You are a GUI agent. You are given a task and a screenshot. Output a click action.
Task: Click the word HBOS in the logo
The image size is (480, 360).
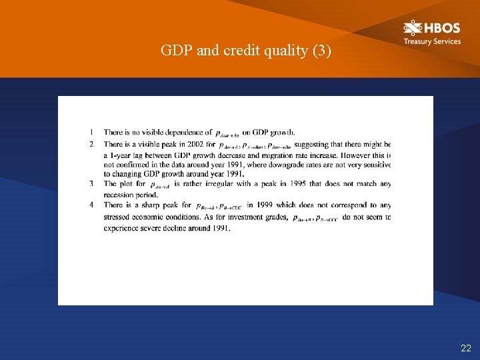[441, 29]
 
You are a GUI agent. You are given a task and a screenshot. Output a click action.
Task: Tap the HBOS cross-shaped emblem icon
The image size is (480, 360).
[413, 28]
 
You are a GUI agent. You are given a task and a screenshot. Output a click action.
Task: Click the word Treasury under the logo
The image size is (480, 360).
[417, 41]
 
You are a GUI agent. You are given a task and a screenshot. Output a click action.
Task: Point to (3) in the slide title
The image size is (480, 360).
[321, 51]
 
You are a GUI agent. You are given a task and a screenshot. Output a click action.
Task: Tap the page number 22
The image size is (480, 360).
[465, 348]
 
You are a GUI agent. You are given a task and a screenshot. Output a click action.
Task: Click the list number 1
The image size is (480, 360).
[91, 133]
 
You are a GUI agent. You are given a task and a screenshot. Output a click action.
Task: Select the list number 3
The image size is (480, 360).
[91, 184]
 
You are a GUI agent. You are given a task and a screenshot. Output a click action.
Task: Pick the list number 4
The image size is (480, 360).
[91, 205]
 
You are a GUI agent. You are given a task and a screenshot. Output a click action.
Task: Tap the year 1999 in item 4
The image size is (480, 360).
[261, 205]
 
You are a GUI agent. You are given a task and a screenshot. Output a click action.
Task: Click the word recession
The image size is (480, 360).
[119, 195]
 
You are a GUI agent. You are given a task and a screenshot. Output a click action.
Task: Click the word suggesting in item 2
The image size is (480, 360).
[312, 143]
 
